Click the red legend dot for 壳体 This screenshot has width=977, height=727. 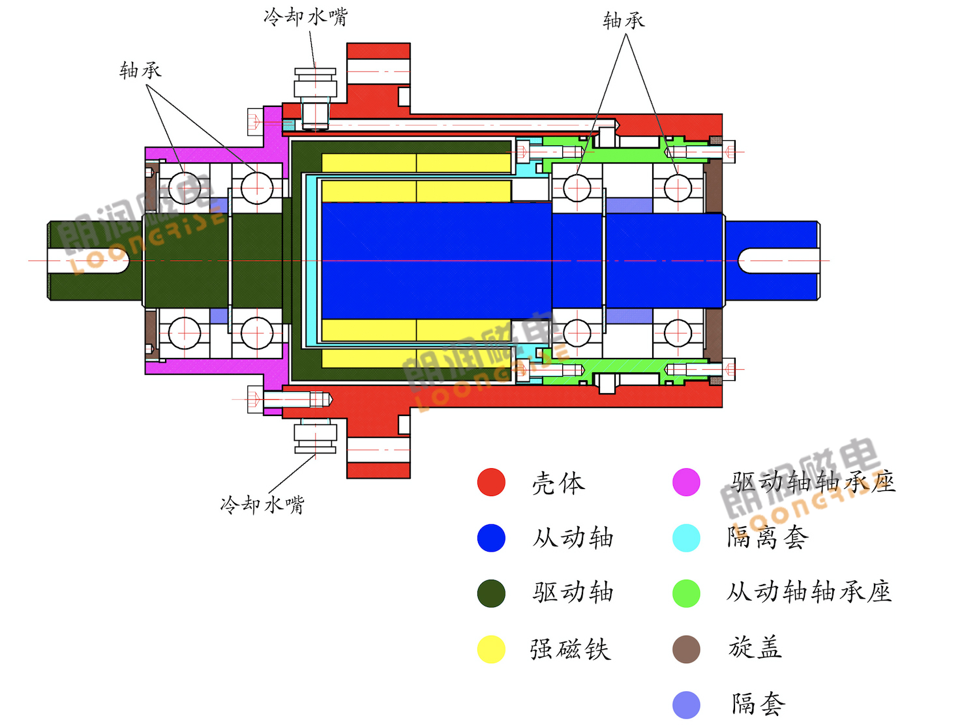point(490,482)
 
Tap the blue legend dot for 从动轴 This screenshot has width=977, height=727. point(490,538)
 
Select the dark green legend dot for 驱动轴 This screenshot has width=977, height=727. point(490,593)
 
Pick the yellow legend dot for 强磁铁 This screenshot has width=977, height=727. point(490,649)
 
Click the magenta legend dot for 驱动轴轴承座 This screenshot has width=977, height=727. point(686,482)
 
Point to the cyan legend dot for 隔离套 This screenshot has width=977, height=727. point(686,538)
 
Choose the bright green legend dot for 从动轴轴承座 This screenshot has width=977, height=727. point(686,593)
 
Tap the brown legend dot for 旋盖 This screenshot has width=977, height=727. point(686,649)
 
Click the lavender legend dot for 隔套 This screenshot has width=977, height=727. point(686,705)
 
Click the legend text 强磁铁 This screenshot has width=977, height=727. point(571,649)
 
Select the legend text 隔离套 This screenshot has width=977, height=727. point(768,537)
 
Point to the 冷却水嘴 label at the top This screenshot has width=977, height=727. point(306,18)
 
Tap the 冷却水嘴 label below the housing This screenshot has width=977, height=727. point(262,505)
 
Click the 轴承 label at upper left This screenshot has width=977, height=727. point(140,70)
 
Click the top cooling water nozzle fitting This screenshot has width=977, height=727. point(315,98)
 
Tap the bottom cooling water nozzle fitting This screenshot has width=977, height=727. point(315,435)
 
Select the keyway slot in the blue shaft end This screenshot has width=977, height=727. point(778,261)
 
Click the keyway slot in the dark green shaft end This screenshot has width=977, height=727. point(89,261)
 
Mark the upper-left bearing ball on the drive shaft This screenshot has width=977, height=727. point(184,188)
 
